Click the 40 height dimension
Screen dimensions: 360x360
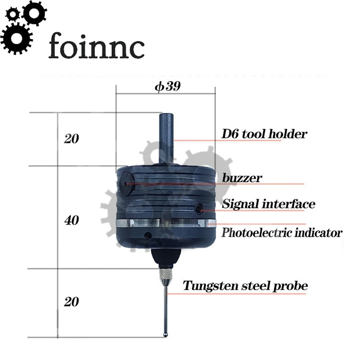pos(71,220)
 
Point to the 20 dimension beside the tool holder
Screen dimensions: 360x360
pos(71,139)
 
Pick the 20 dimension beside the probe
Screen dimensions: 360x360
pos(71,302)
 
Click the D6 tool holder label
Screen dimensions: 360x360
pos(264,134)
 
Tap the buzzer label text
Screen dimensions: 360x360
pos(242,178)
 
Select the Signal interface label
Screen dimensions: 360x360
pos(268,204)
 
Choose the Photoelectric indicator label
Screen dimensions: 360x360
pos(281,233)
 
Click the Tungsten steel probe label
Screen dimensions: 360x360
pos(246,286)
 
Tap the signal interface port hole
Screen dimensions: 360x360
pos(199,208)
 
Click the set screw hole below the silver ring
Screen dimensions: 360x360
pos(147,236)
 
